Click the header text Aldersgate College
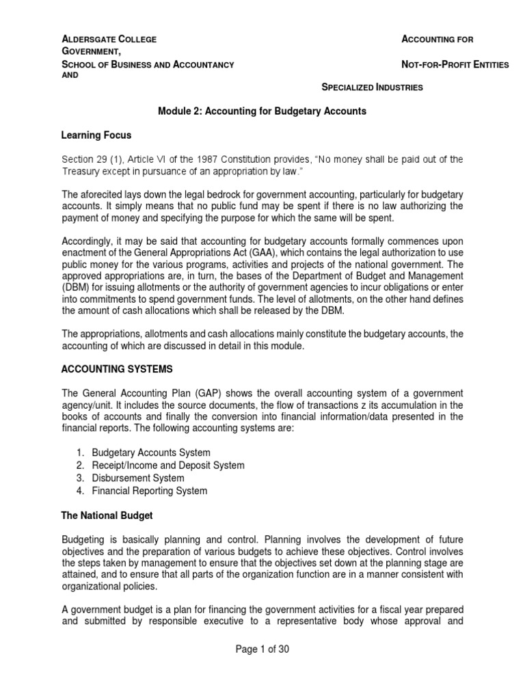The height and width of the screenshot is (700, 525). (109, 40)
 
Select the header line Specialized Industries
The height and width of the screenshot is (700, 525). (372, 87)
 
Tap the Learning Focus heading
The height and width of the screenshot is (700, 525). (96, 135)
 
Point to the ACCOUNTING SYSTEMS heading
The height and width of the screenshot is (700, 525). (117, 369)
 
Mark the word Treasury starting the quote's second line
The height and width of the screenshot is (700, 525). (81, 172)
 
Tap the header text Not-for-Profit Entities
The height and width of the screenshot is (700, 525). (456, 64)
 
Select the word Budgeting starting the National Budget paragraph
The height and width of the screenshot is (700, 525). (83, 539)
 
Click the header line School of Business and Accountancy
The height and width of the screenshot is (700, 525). (148, 64)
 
